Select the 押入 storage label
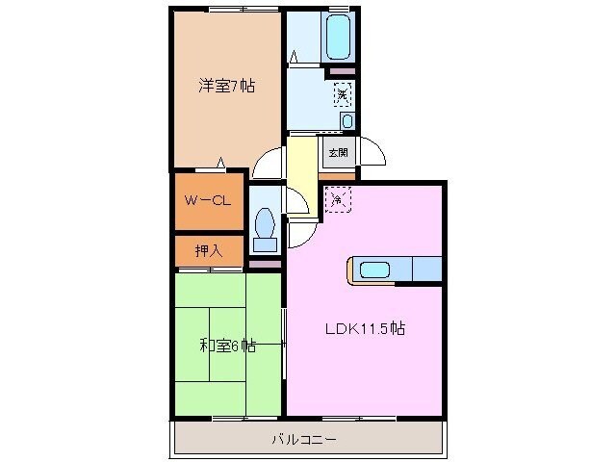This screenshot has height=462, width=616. (x=208, y=251)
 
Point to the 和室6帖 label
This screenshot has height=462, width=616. (x=227, y=345)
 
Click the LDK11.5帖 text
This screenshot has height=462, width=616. (x=363, y=327)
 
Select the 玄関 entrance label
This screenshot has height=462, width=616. (x=338, y=152)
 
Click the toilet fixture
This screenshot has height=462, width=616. (x=265, y=222)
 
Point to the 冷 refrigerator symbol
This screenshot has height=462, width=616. (x=337, y=199)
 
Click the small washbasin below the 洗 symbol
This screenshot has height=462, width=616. (x=346, y=120)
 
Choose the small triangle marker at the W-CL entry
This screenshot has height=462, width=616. (x=223, y=162)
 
